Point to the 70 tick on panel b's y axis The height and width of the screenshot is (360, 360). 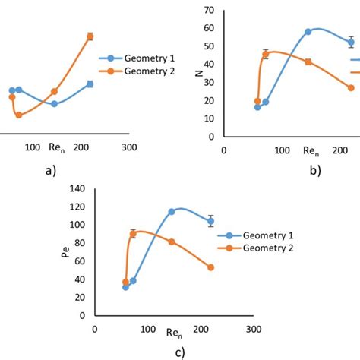(x=208, y=11)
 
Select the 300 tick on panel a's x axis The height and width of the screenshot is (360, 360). (x=129, y=147)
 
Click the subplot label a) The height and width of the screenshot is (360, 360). (x=51, y=171)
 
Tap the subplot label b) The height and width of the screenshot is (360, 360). (x=314, y=171)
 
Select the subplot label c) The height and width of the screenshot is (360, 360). (x=179, y=352)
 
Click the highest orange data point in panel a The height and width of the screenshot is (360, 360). (x=90, y=36)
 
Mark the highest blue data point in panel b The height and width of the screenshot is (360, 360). (x=308, y=32)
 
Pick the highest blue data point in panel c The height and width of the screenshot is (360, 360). (x=172, y=212)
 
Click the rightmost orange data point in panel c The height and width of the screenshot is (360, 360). (x=210, y=267)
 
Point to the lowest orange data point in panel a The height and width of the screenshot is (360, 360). (x=19, y=115)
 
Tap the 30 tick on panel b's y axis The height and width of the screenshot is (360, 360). (x=208, y=83)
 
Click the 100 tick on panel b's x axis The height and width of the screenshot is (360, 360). (x=282, y=150)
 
